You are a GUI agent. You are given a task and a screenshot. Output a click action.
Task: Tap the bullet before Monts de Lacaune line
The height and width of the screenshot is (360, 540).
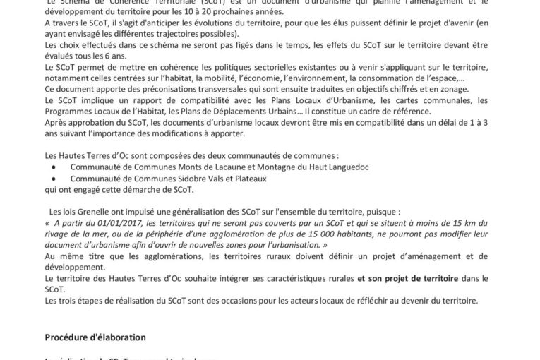(x=54, y=166)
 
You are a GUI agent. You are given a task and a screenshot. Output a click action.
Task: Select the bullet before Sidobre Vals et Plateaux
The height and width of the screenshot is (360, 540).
(x=54, y=179)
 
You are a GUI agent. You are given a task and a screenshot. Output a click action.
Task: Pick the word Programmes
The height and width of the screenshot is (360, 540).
(x=68, y=111)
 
